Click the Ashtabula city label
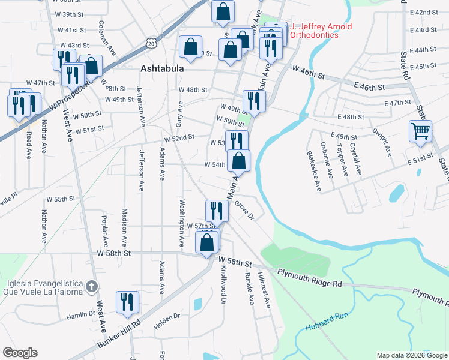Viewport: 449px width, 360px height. (x=162, y=68)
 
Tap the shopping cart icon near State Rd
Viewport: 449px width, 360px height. (x=420, y=131)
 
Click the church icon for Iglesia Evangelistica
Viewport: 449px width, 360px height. (x=91, y=286)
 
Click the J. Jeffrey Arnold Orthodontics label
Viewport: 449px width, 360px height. (x=321, y=31)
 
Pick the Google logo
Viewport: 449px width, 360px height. (x=20, y=353)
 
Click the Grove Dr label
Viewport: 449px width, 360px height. (x=244, y=211)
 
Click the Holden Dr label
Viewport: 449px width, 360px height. (x=169, y=315)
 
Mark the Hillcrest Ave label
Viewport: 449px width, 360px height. (x=264, y=290)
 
